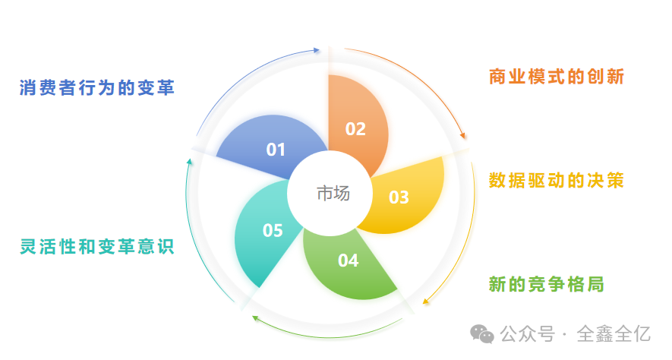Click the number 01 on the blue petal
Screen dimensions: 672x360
pyautogui.click(x=275, y=150)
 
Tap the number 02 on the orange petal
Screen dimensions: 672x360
pyautogui.click(x=355, y=129)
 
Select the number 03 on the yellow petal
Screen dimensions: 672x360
pyautogui.click(x=399, y=197)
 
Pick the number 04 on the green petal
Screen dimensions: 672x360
pyautogui.click(x=348, y=261)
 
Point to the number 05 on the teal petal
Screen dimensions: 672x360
pyautogui.click(x=273, y=230)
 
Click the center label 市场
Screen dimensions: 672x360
pyautogui.click(x=333, y=194)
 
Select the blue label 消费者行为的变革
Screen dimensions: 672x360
pyautogui.click(x=97, y=88)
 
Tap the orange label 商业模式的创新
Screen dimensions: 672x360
pyautogui.click(x=557, y=77)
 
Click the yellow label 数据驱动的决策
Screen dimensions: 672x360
pyautogui.click(x=557, y=181)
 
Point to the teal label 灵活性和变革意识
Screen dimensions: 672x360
pyautogui.click(x=97, y=247)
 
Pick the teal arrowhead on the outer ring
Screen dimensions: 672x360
pyautogui.click(x=189, y=161)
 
